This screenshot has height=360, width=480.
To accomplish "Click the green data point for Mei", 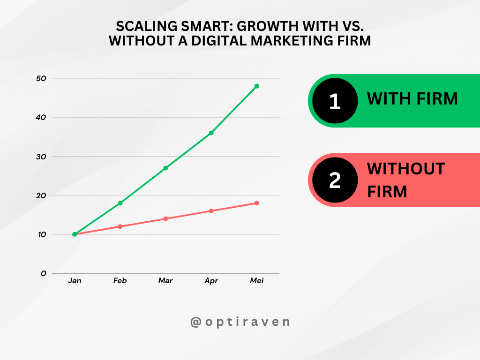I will pyautogui.click(x=257, y=86).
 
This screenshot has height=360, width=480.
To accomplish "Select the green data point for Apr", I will pyautogui.click(x=211, y=133).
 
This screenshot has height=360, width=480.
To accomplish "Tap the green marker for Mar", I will pyautogui.click(x=165, y=168).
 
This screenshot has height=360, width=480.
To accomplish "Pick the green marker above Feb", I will pyautogui.click(x=120, y=203).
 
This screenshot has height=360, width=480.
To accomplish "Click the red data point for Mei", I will pyautogui.click(x=257, y=203).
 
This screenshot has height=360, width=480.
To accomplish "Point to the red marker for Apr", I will pyautogui.click(x=211, y=211).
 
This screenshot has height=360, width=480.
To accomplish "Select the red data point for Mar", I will pyautogui.click(x=165, y=219).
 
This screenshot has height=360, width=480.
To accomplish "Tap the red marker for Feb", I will pyautogui.click(x=120, y=226).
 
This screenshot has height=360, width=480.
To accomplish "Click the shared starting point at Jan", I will pyautogui.click(x=75, y=234).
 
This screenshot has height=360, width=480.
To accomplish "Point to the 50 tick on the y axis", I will pyautogui.click(x=41, y=78).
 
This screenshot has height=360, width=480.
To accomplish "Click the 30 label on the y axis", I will pyautogui.click(x=41, y=156).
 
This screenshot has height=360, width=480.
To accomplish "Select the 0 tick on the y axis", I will pyautogui.click(x=44, y=273).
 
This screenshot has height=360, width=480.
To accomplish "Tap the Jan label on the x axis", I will pyautogui.click(x=75, y=281).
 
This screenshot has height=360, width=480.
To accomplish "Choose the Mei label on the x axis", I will pyautogui.click(x=257, y=281).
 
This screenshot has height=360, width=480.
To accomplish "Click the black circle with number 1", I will pyautogui.click(x=335, y=101).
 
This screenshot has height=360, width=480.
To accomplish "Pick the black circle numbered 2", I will pyautogui.click(x=335, y=180).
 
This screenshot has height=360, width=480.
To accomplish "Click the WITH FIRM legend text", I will pyautogui.click(x=412, y=99).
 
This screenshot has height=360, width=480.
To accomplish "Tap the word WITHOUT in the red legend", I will pyautogui.click(x=406, y=169).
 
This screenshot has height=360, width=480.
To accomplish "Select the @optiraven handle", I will pyautogui.click(x=240, y=322).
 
